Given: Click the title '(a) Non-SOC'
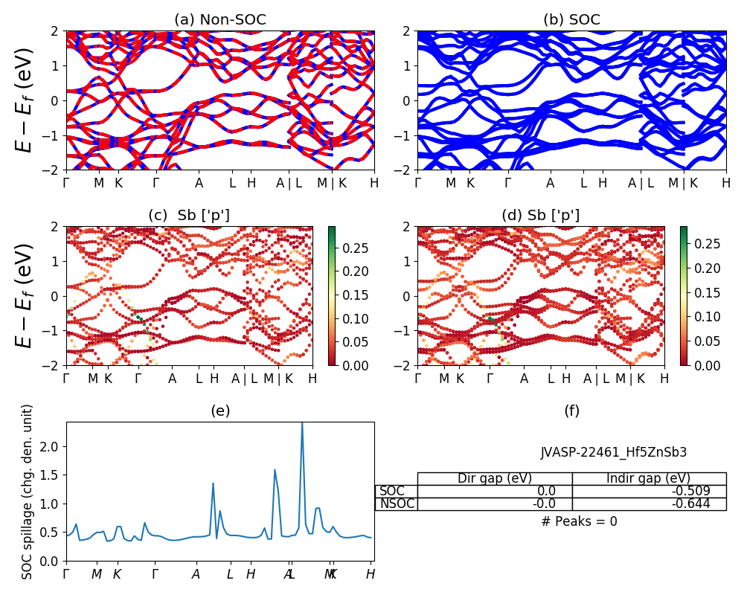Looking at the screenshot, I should [x=219, y=20].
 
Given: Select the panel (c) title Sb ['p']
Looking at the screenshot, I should [x=189, y=216].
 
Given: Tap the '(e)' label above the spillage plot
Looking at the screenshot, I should [x=219, y=411].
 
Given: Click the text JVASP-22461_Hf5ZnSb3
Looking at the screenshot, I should [x=613, y=452].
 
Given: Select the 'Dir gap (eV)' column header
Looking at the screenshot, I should [x=495, y=478].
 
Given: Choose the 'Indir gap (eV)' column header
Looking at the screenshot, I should [x=649, y=478].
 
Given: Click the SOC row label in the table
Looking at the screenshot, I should [x=392, y=491].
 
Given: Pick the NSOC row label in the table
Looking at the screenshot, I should [x=397, y=504].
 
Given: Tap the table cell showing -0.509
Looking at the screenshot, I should [x=649, y=491].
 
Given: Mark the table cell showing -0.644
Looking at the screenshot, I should [x=649, y=504].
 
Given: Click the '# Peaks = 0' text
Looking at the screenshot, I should [x=579, y=521].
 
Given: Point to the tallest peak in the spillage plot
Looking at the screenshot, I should [x=301, y=424].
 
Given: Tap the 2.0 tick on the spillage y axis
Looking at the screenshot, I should [x=53, y=446].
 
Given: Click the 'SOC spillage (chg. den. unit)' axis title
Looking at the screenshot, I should [x=28, y=492].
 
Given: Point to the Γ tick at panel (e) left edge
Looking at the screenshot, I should [x=66, y=574].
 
